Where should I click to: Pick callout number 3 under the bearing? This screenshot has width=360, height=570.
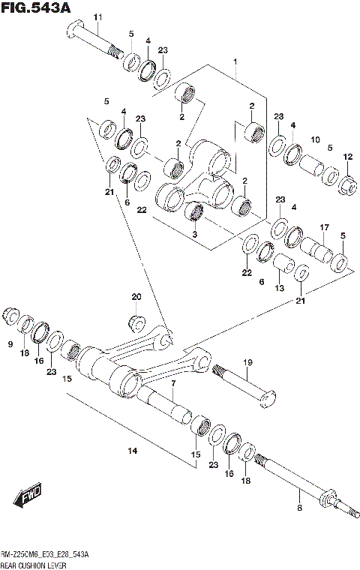click(195, 235)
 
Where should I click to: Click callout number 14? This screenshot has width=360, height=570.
click(133, 451)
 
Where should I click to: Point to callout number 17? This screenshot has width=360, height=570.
click(324, 227)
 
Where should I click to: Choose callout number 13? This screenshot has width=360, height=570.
click(278, 289)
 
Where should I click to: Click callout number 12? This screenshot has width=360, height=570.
click(348, 157)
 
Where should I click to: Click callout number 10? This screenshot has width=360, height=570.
click(315, 139)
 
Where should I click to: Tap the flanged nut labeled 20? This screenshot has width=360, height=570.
click(136, 322)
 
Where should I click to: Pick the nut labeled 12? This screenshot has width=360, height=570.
click(348, 182)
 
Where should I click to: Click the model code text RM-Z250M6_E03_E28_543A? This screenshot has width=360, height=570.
click(45, 554)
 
